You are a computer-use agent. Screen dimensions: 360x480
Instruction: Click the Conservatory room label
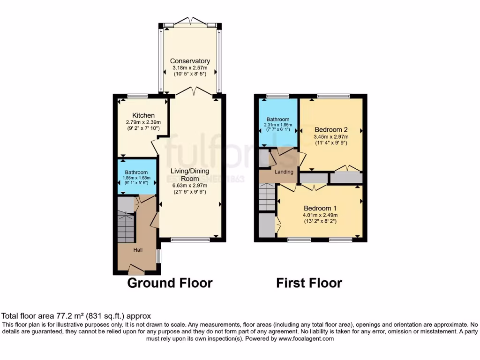pos(190,61)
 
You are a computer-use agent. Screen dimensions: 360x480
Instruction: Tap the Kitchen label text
pos(143,115)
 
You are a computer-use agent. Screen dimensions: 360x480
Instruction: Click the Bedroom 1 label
pos(320,208)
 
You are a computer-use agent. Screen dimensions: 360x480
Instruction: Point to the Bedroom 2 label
pos(330,129)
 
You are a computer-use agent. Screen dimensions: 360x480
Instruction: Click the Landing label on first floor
pos(284,172)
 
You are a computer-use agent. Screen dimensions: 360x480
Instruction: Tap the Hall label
pos(138,250)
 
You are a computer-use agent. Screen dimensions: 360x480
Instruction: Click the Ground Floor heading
pos(170,283)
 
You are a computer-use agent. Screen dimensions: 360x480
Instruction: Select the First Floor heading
pos(309,283)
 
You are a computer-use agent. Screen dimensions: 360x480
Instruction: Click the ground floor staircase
pos(126,227)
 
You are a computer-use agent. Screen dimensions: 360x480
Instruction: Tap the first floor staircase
pos(268,197)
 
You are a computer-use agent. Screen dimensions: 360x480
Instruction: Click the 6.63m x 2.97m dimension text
pos(190,185)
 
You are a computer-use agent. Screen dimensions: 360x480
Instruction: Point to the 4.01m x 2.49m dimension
pos(320,216)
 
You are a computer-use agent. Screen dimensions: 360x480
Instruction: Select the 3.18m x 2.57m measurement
pos(190,68)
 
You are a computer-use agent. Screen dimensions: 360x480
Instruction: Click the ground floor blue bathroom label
pos(136,172)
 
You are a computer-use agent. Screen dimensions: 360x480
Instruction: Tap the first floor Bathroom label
pos(278,120)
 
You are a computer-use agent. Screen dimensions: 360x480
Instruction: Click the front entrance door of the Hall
pos(136,270)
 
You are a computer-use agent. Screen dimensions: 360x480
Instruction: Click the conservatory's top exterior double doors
pos(190,22)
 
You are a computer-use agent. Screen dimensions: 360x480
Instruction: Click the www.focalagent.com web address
pos(307,338)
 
